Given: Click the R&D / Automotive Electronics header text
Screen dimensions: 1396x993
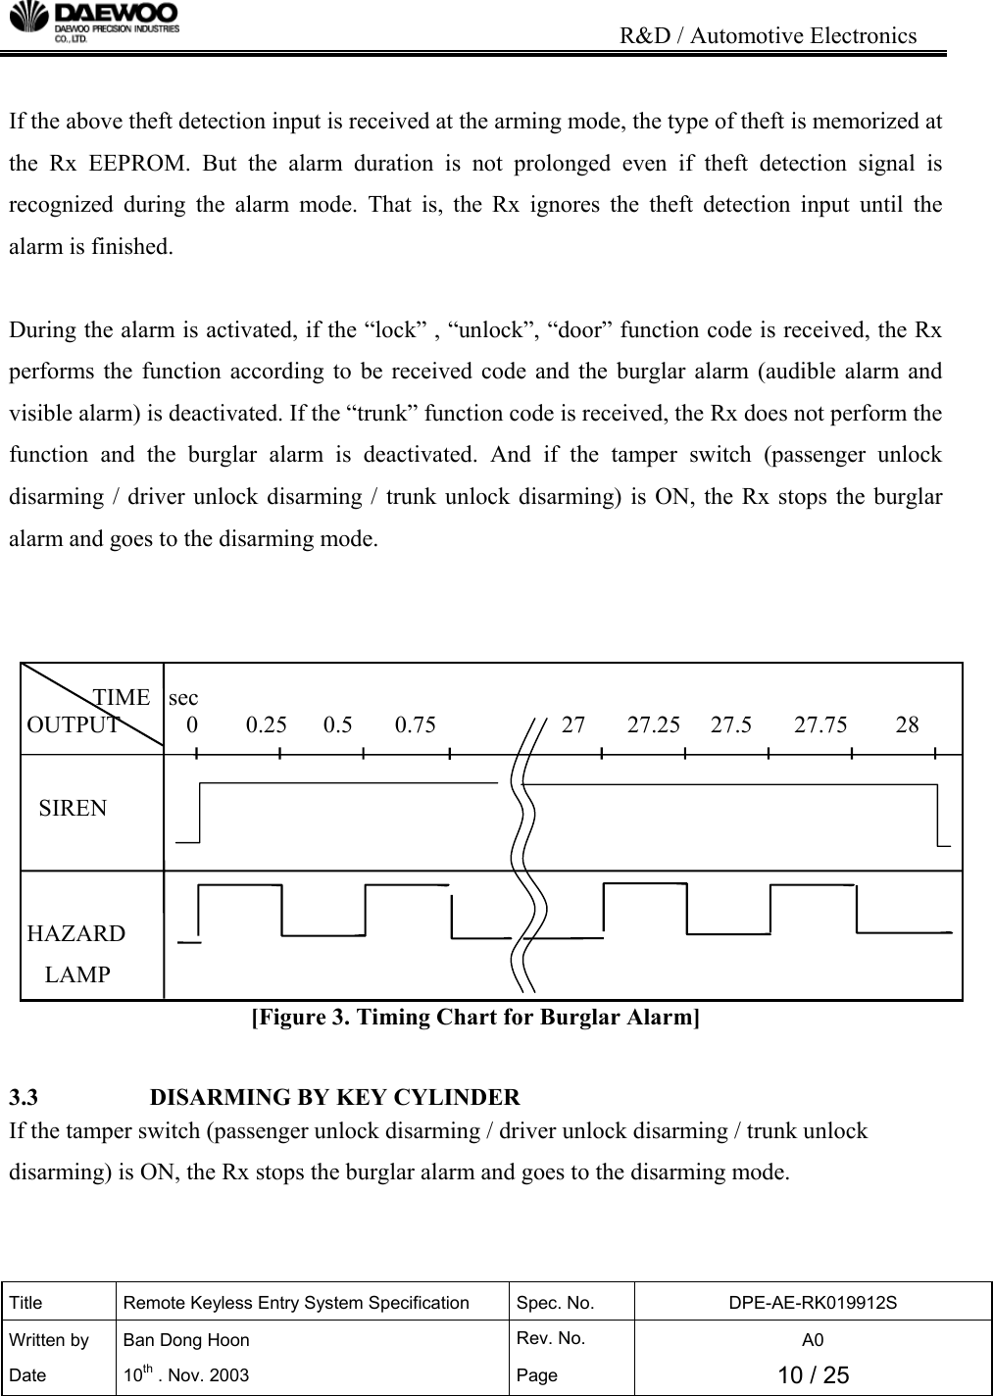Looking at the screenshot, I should (x=770, y=37).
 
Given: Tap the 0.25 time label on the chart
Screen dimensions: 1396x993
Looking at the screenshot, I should (x=267, y=725).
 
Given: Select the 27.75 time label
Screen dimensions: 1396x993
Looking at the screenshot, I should (x=820, y=725).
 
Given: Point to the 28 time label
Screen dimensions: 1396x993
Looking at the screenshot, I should (x=908, y=725).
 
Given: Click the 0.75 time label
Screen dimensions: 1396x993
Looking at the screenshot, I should (x=416, y=725).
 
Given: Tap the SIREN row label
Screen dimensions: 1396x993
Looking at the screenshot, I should (x=74, y=809).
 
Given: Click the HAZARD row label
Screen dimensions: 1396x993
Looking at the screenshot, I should (x=76, y=933).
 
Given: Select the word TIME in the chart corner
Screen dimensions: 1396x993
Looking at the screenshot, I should (x=122, y=698).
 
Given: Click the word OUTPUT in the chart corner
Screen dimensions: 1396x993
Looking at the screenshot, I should (x=74, y=725).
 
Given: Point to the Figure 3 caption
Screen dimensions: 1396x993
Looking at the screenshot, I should (x=476, y=1017).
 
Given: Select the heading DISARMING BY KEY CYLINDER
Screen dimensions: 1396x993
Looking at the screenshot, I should (x=335, y=1096).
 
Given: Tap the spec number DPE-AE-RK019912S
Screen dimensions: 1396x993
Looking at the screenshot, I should (x=813, y=1303).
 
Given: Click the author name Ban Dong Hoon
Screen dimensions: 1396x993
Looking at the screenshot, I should (x=185, y=1340).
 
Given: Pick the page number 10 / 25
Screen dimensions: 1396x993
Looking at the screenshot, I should (x=813, y=1375).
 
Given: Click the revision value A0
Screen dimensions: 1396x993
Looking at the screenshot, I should (x=813, y=1340).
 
